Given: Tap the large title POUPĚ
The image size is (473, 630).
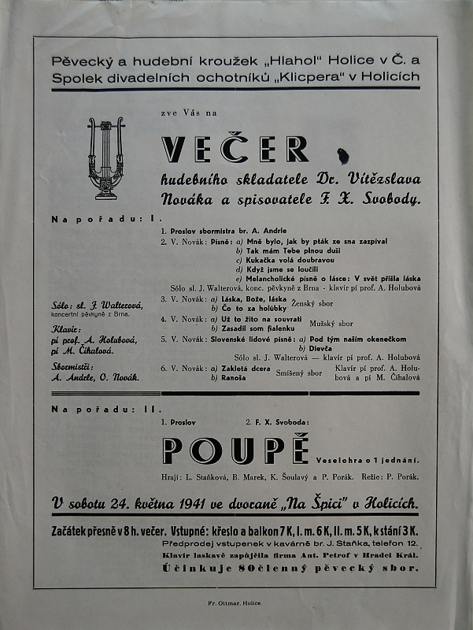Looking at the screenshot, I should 234,450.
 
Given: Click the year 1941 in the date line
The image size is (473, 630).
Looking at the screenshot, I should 171,502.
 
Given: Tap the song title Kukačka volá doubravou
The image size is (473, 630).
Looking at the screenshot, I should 290,259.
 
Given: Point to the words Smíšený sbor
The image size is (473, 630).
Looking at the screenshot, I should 305,372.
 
